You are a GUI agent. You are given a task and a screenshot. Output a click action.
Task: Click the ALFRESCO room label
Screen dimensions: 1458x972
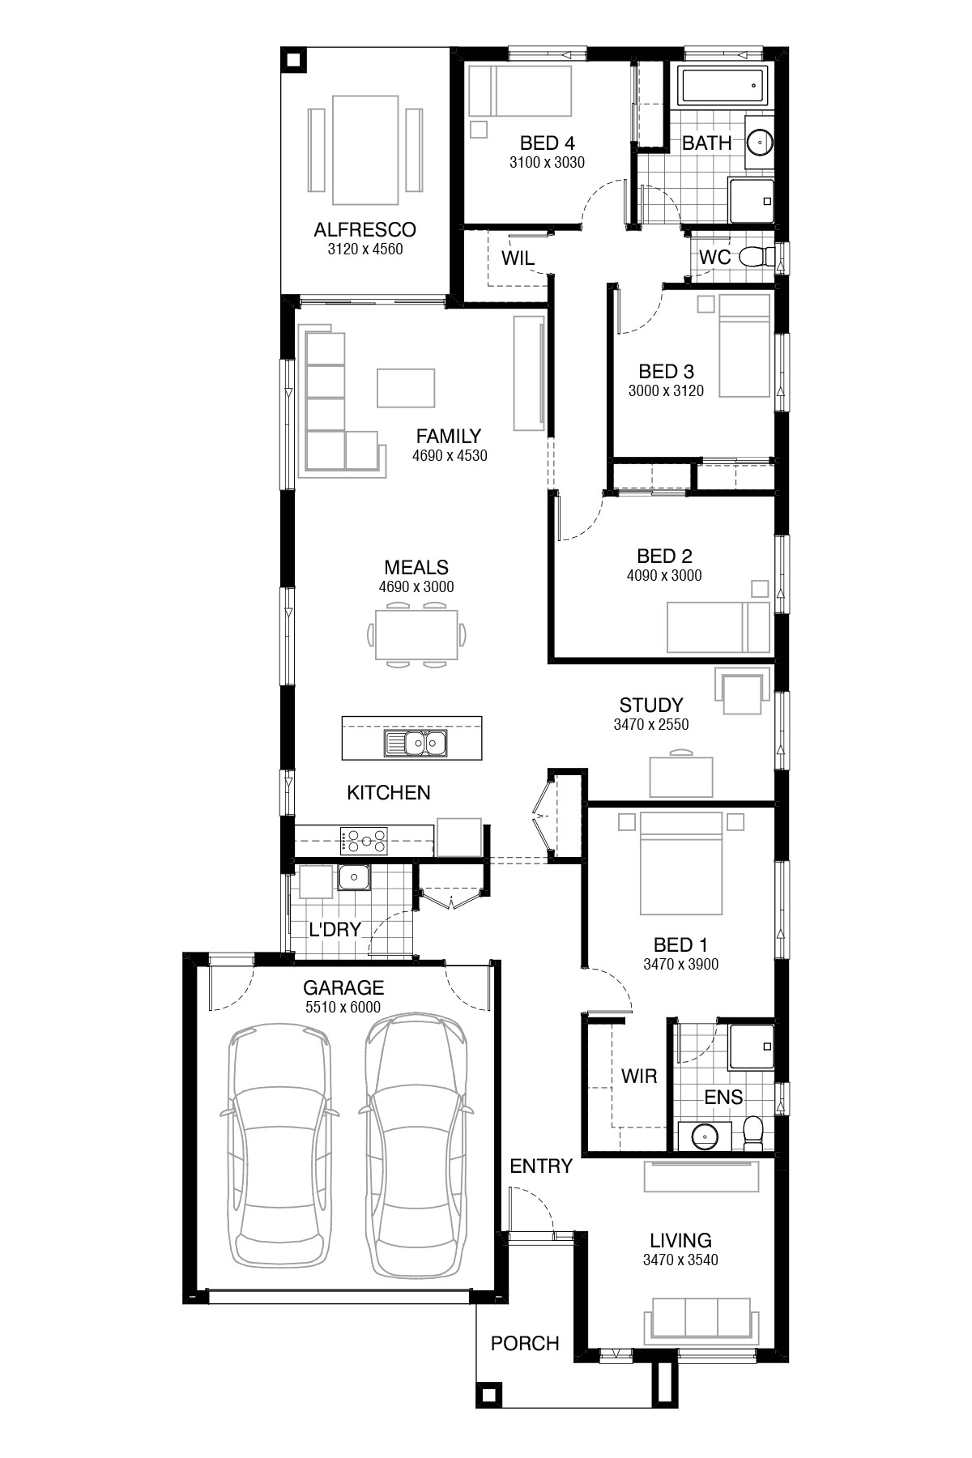tap(364, 230)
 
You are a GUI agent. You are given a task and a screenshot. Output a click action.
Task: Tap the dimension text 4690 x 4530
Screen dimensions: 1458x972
tap(450, 456)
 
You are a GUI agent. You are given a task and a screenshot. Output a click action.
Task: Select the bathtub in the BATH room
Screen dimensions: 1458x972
tap(722, 86)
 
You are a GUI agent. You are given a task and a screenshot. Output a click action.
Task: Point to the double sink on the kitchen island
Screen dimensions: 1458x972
tap(416, 742)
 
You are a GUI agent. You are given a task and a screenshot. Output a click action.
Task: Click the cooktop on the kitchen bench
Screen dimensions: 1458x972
tap(364, 841)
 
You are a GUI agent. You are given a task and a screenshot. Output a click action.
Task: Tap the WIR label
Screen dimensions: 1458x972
tap(638, 1076)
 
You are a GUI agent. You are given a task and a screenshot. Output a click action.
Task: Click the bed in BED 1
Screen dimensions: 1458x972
tap(680, 863)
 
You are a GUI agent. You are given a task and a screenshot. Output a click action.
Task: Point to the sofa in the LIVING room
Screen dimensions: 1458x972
tap(701, 1319)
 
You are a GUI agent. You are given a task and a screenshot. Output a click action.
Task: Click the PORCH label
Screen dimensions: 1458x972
tap(525, 1344)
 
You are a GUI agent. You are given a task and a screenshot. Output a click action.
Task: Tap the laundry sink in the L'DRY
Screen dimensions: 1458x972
tap(354, 876)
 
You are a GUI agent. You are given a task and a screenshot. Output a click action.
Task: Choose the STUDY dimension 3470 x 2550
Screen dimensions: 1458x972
tap(650, 725)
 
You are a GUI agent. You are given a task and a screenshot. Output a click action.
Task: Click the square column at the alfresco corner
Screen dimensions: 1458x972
tap(292, 60)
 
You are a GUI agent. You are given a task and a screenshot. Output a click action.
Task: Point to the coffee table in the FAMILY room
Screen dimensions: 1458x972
tap(405, 387)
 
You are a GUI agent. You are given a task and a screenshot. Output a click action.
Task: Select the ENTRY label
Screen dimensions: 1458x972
tap(541, 1166)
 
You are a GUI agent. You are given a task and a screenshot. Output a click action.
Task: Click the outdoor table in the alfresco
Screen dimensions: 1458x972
tap(365, 150)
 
